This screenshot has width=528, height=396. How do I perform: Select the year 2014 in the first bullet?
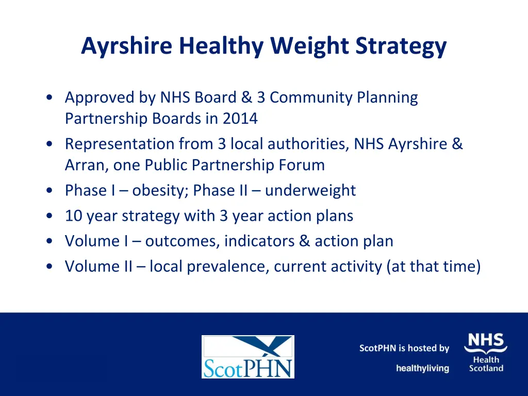point(240,119)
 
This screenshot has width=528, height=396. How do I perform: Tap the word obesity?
point(160,190)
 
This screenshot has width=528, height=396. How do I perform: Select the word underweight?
point(310,190)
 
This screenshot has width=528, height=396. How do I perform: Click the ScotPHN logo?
point(247,357)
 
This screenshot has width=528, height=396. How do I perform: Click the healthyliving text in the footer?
point(422,368)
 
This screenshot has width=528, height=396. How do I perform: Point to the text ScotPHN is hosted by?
point(404,348)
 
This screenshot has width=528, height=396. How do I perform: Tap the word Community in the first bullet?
point(311,97)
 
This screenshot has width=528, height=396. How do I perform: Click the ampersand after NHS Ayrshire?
point(457,144)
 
